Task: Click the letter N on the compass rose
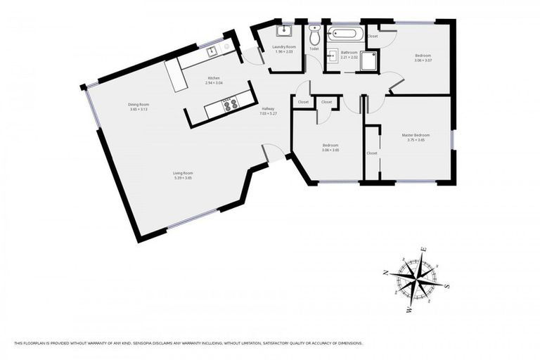click(x=385, y=274)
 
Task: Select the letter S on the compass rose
click(x=447, y=286)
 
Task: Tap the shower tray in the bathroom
click(x=368, y=63)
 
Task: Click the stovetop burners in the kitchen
click(x=229, y=105)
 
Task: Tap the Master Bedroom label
click(x=416, y=135)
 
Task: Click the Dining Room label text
click(x=139, y=105)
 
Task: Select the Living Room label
click(x=183, y=173)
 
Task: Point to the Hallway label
click(x=268, y=108)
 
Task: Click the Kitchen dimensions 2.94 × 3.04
click(x=214, y=83)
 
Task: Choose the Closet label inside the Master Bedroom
click(x=372, y=153)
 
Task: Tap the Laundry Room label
click(x=284, y=46)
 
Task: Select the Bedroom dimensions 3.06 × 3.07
click(x=423, y=60)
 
